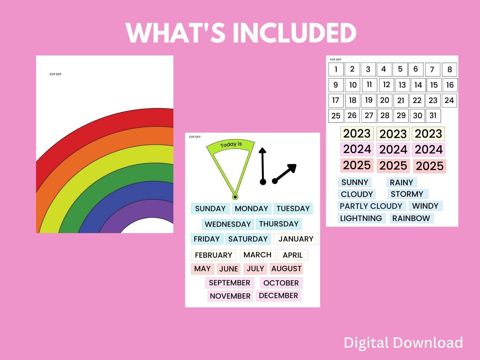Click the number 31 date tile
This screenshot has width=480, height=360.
[x=433, y=116]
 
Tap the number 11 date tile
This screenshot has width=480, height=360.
[x=369, y=85]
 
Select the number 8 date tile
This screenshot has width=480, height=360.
[x=449, y=69]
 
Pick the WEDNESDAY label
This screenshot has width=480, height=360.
[x=228, y=224]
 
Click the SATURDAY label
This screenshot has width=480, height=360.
[x=248, y=239]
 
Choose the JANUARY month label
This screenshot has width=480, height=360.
[x=296, y=239]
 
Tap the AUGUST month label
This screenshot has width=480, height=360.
[x=286, y=269]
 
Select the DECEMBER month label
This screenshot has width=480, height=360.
[x=278, y=296]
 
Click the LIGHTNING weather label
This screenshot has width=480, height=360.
[x=361, y=218]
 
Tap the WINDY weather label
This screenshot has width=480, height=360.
[x=425, y=206]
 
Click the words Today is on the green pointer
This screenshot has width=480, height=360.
[x=231, y=144]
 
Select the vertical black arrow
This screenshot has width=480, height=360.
[x=263, y=166]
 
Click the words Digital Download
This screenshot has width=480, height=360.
[x=403, y=342]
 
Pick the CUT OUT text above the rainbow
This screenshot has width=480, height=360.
[x=55, y=74]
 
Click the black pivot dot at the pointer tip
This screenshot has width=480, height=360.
[x=235, y=197]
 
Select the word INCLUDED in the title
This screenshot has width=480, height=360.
[x=294, y=33]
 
